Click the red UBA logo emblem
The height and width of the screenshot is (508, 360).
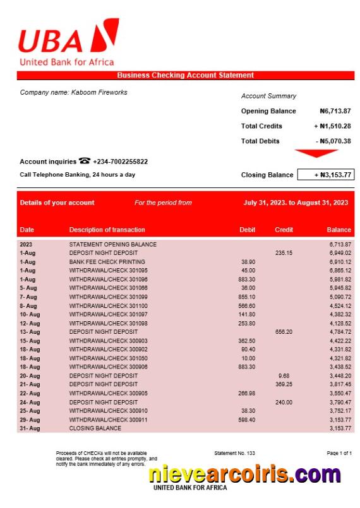coord(103,37)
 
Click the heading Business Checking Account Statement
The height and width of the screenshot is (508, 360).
coord(185,76)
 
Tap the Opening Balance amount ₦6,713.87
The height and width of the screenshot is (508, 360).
coord(335,111)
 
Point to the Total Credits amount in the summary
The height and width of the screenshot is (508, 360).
coord(332,126)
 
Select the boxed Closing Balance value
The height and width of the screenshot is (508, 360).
coord(325,175)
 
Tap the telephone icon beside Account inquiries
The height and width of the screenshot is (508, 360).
coord(85,162)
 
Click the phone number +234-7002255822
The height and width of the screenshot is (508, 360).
coord(121,162)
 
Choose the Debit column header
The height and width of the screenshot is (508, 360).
coord(248,230)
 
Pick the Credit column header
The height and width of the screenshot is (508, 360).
coord(284,230)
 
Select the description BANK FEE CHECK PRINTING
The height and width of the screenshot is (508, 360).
coord(107,262)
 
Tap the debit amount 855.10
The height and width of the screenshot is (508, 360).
coord(247,297)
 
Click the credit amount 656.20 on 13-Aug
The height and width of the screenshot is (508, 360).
coord(284,332)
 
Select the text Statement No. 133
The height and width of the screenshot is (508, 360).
coord(234,454)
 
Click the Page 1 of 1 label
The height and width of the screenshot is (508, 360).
coord(339,454)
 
